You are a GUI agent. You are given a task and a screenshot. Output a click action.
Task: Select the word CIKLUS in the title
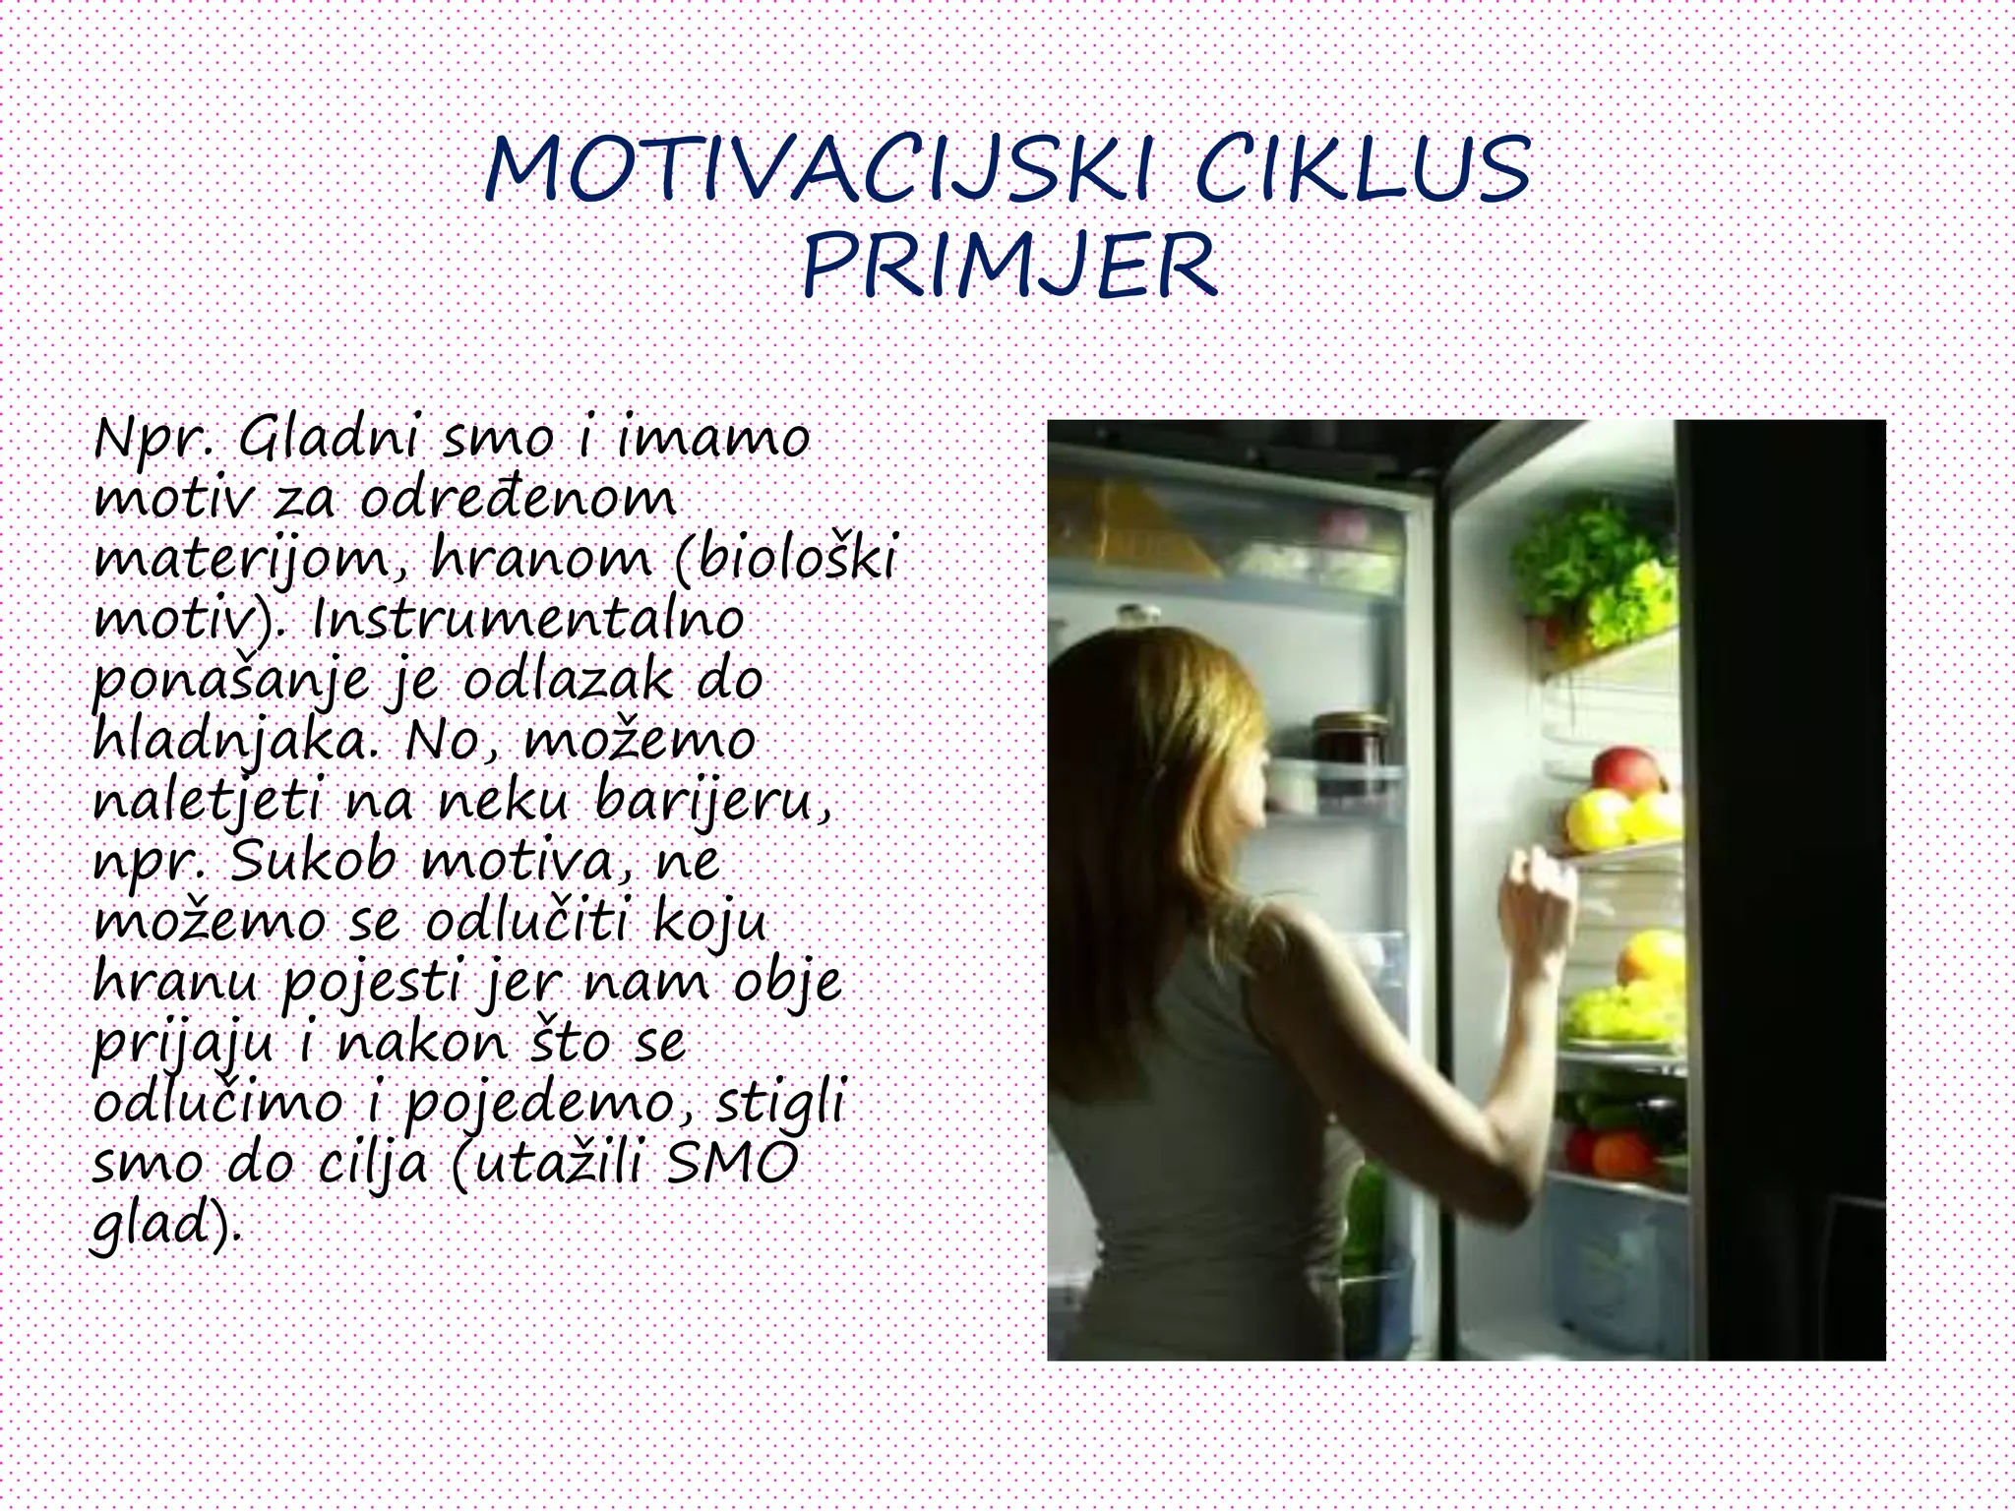click(x=1363, y=169)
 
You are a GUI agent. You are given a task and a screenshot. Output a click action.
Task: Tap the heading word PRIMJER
click(x=1009, y=266)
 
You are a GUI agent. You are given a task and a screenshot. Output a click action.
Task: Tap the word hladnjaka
click(x=236, y=741)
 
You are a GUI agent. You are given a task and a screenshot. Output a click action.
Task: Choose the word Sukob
click(x=313, y=862)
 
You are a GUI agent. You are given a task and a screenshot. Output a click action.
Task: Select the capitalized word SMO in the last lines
click(x=732, y=1164)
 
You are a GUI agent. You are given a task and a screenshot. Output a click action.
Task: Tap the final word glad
click(x=162, y=1226)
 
